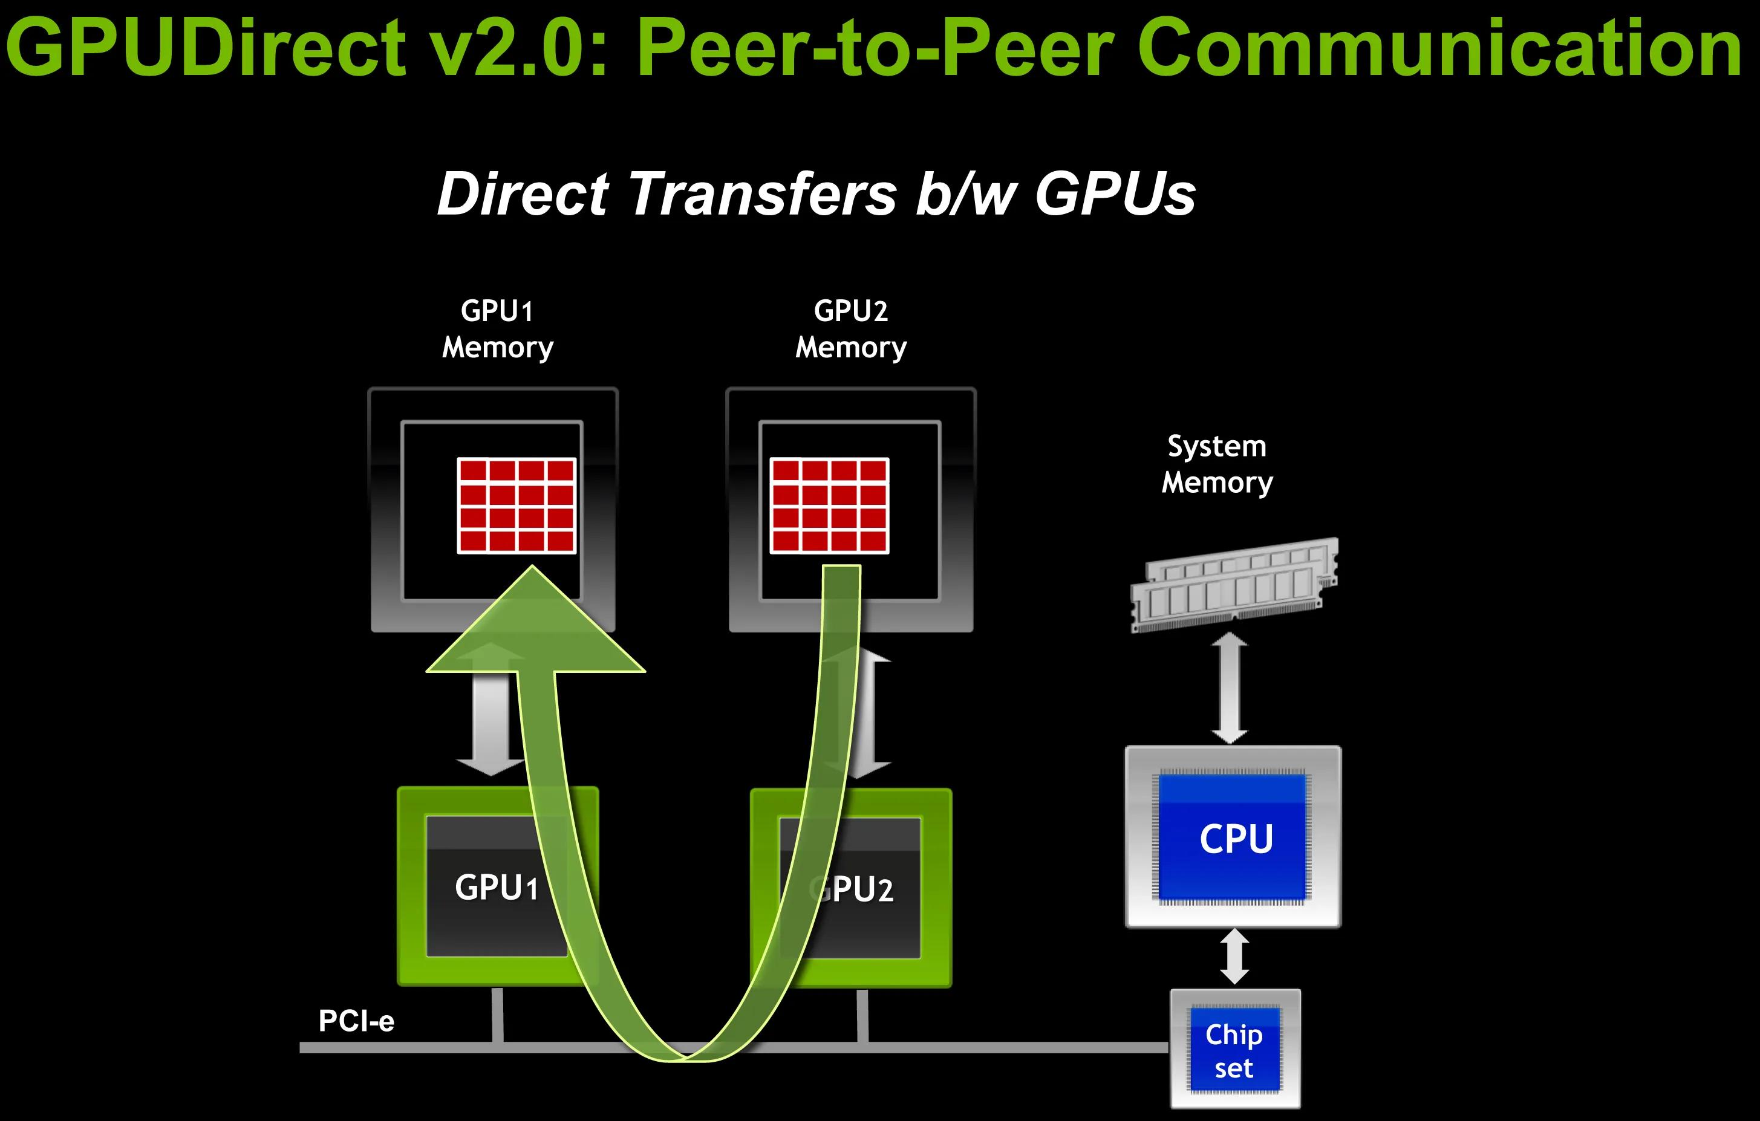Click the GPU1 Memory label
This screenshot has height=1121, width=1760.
pos(497,329)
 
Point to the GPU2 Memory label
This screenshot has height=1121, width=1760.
pos(851,329)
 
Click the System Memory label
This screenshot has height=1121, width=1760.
pos(1217,464)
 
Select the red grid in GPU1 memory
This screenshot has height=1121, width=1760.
pos(517,505)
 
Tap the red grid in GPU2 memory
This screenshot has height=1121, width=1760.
pos(830,505)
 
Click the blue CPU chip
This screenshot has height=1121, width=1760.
pos(1234,837)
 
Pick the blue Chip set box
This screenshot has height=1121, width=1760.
pos(1234,1050)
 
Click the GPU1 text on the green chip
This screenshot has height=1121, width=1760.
pos(497,887)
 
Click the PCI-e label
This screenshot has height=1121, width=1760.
pos(356,1021)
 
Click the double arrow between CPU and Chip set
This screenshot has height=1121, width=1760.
pos(1234,957)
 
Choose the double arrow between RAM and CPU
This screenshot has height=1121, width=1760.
pos(1230,689)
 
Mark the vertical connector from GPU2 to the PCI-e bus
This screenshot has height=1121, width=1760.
pos(862,1016)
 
